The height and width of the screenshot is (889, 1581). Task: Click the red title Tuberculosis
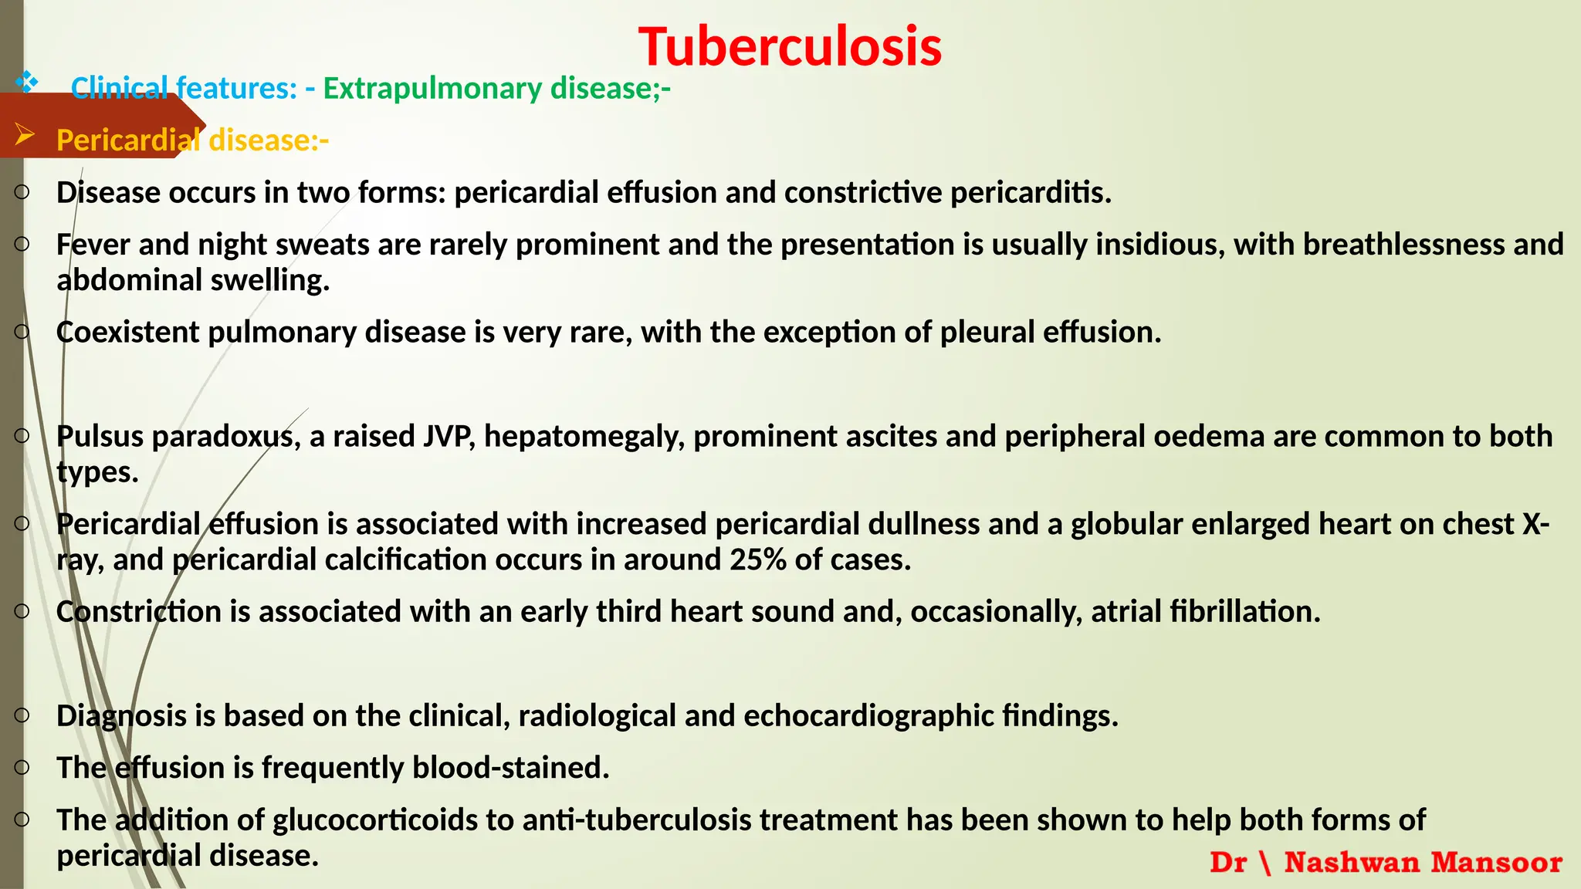point(790,46)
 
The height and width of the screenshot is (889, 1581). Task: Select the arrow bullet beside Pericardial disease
point(25,136)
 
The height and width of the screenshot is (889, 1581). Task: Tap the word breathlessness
point(1403,245)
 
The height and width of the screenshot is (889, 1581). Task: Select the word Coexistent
point(128,332)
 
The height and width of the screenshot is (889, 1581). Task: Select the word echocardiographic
point(868,716)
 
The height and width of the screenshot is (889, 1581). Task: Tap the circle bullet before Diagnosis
point(22,715)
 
